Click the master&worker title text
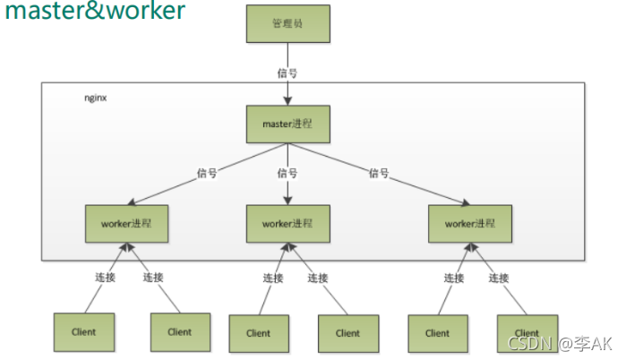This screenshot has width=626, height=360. [94, 12]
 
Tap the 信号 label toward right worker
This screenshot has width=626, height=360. [379, 173]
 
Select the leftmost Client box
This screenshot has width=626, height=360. [83, 331]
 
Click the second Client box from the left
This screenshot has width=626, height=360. [179, 331]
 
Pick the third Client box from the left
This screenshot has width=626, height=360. [258, 332]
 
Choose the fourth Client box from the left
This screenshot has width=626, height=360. [347, 332]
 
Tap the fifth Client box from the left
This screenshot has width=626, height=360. [437, 332]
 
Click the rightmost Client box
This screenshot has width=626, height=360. [527, 332]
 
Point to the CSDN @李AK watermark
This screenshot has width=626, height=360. [560, 344]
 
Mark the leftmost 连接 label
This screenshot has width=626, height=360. [105, 278]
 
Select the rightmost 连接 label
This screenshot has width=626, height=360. [499, 278]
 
